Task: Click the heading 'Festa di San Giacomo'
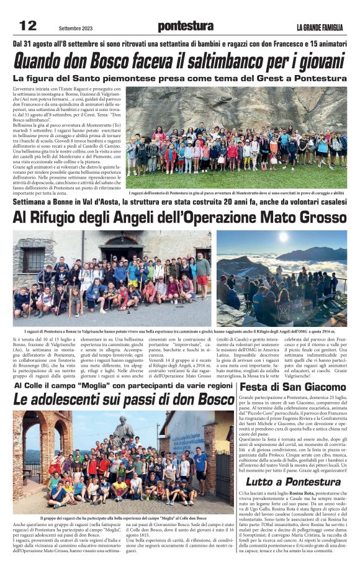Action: tap(292, 387)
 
